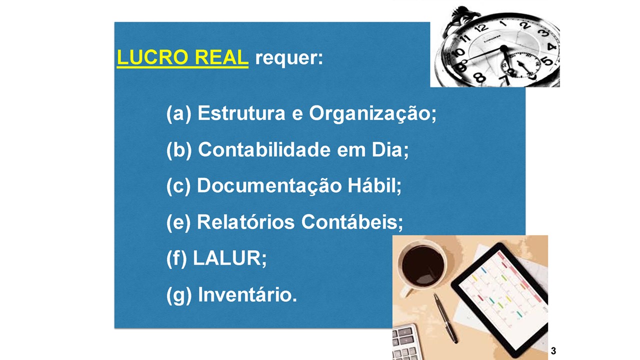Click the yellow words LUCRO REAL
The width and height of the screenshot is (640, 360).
pos(182,57)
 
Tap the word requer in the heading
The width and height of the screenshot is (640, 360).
pos(289,58)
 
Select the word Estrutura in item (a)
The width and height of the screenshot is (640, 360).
pos(241,113)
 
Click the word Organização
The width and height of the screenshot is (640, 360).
pos(372,113)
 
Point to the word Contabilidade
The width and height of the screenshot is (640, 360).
pos(264,149)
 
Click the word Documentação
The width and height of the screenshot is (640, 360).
pos(269,185)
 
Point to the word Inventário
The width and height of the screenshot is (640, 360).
pos(247,294)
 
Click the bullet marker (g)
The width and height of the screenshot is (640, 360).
pos(179,295)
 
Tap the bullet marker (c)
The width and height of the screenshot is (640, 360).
pos(178,186)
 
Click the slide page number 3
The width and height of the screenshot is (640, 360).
pos(553,351)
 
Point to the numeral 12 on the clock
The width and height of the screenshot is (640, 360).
pos(481,28)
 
